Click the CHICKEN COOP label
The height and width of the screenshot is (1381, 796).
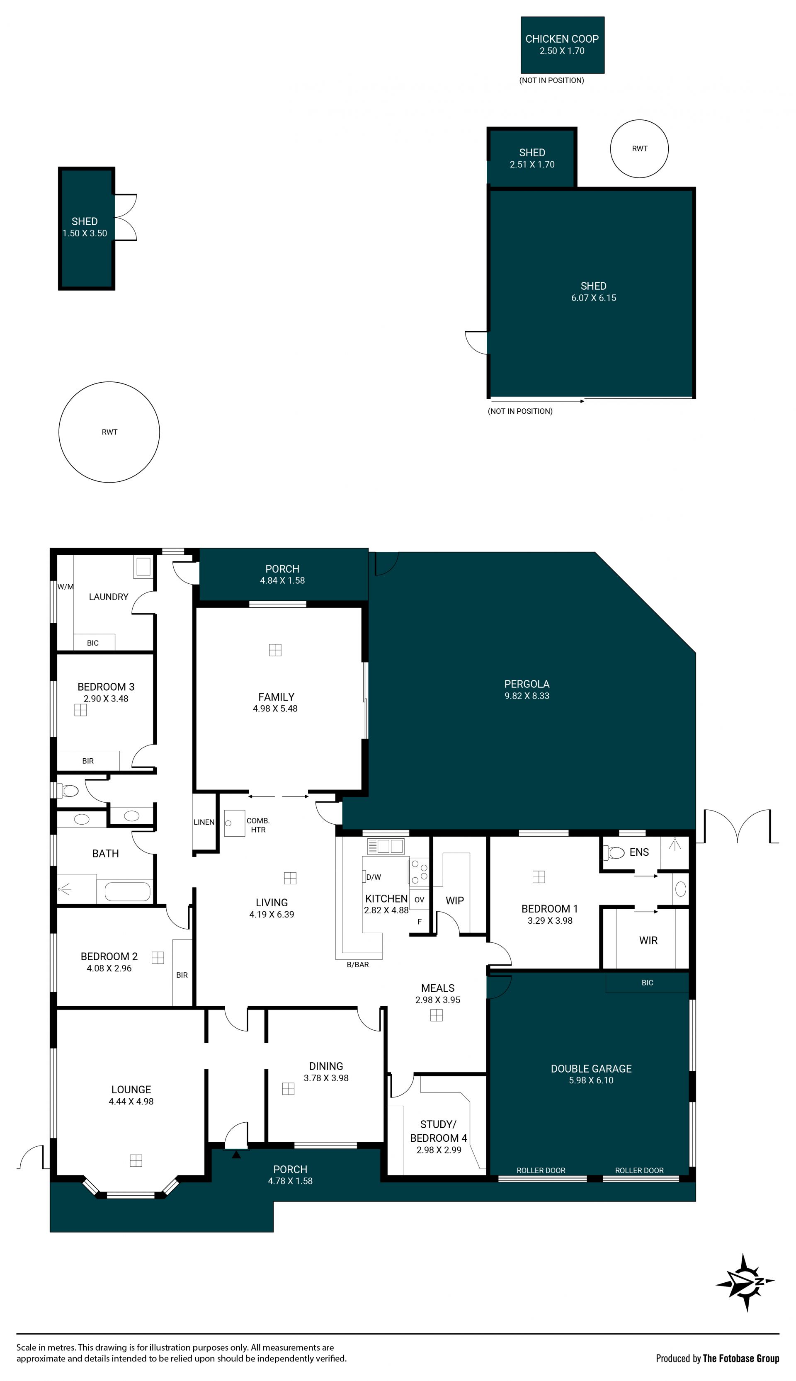click(562, 39)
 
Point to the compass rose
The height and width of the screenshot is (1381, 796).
click(745, 1282)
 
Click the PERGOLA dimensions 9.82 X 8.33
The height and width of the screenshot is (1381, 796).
click(527, 696)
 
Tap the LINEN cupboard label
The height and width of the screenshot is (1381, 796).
click(204, 822)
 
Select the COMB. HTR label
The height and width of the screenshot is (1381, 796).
click(258, 825)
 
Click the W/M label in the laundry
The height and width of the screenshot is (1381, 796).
click(66, 587)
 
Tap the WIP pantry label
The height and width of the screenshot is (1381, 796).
click(455, 900)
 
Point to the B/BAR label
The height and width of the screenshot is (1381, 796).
click(357, 965)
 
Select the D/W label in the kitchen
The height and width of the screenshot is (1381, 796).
click(374, 877)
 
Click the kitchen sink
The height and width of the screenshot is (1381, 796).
click(386, 846)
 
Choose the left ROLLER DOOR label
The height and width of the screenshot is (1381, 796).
click(541, 1170)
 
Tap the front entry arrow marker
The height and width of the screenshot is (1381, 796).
click(236, 1155)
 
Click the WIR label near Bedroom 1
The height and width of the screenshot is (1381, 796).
click(648, 940)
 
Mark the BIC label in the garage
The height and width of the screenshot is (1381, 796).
click(647, 983)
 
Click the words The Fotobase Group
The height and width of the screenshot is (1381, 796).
click(741, 1358)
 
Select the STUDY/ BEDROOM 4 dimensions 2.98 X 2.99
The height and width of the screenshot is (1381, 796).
click(439, 1150)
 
